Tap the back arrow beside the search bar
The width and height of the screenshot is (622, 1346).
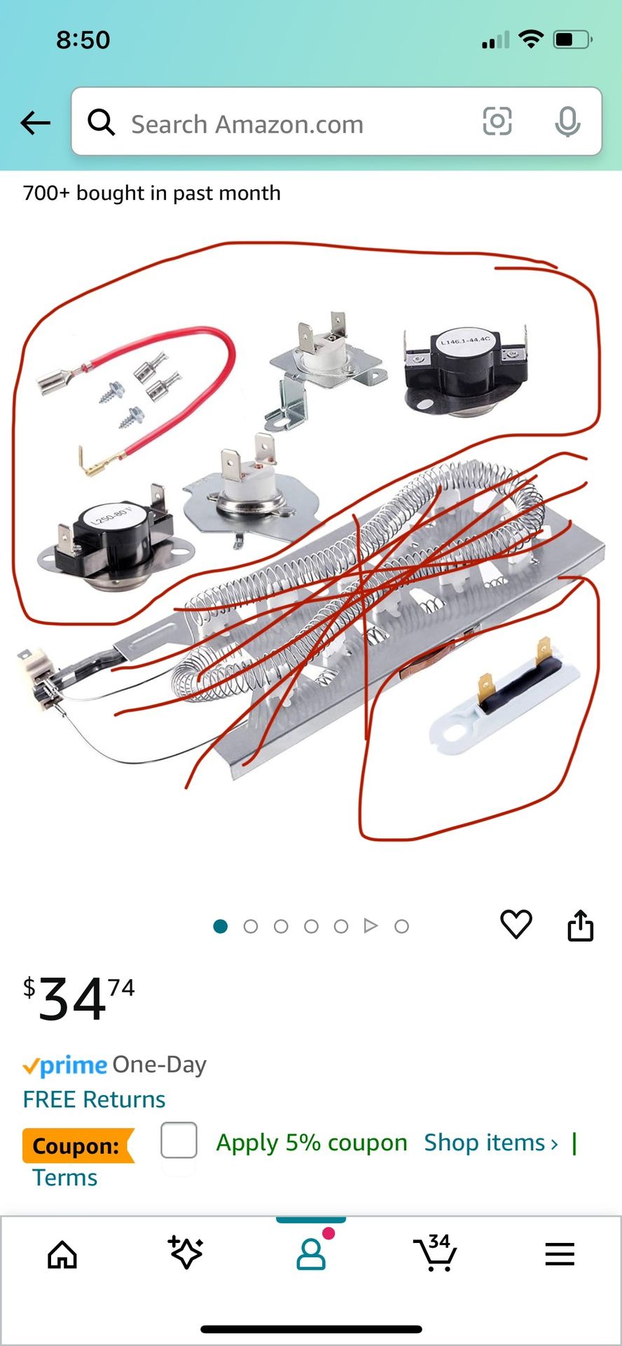[x=36, y=123]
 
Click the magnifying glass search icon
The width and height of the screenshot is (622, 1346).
[x=102, y=123]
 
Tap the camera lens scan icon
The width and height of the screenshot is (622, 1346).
[x=497, y=122]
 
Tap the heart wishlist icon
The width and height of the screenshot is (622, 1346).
[x=516, y=925]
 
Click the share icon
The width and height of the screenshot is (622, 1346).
[x=580, y=925]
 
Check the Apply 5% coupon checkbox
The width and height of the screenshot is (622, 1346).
[x=179, y=1141]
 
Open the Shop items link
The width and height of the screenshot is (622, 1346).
[x=491, y=1143]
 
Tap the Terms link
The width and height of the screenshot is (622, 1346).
[x=65, y=1178]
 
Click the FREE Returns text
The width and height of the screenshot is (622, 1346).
[x=94, y=1099]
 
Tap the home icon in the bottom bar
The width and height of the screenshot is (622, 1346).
[x=62, y=1255]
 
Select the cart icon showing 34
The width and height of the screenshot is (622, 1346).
[x=435, y=1253]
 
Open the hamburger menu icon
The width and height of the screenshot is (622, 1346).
[x=560, y=1254]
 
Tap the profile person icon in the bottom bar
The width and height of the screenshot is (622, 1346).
[x=311, y=1254]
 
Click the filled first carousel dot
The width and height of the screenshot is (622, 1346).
[x=220, y=926]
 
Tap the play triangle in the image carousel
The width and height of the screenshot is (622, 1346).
[x=371, y=926]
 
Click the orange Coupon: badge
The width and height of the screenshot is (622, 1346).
[x=77, y=1146]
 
